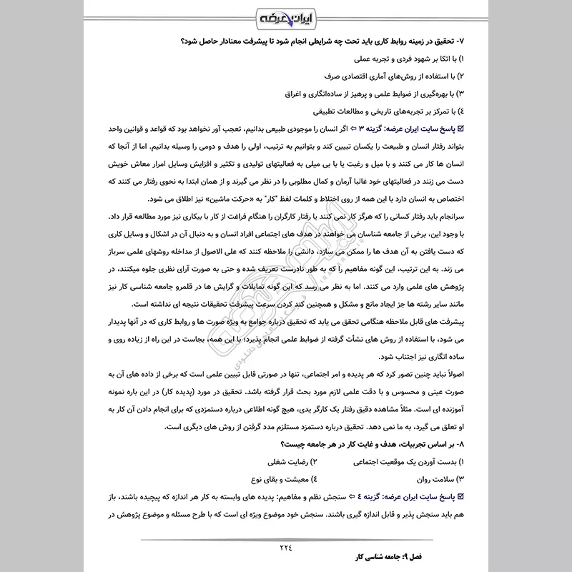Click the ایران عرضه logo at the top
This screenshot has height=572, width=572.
click(287, 15)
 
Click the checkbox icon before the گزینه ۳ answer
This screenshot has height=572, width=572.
click(460, 129)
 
